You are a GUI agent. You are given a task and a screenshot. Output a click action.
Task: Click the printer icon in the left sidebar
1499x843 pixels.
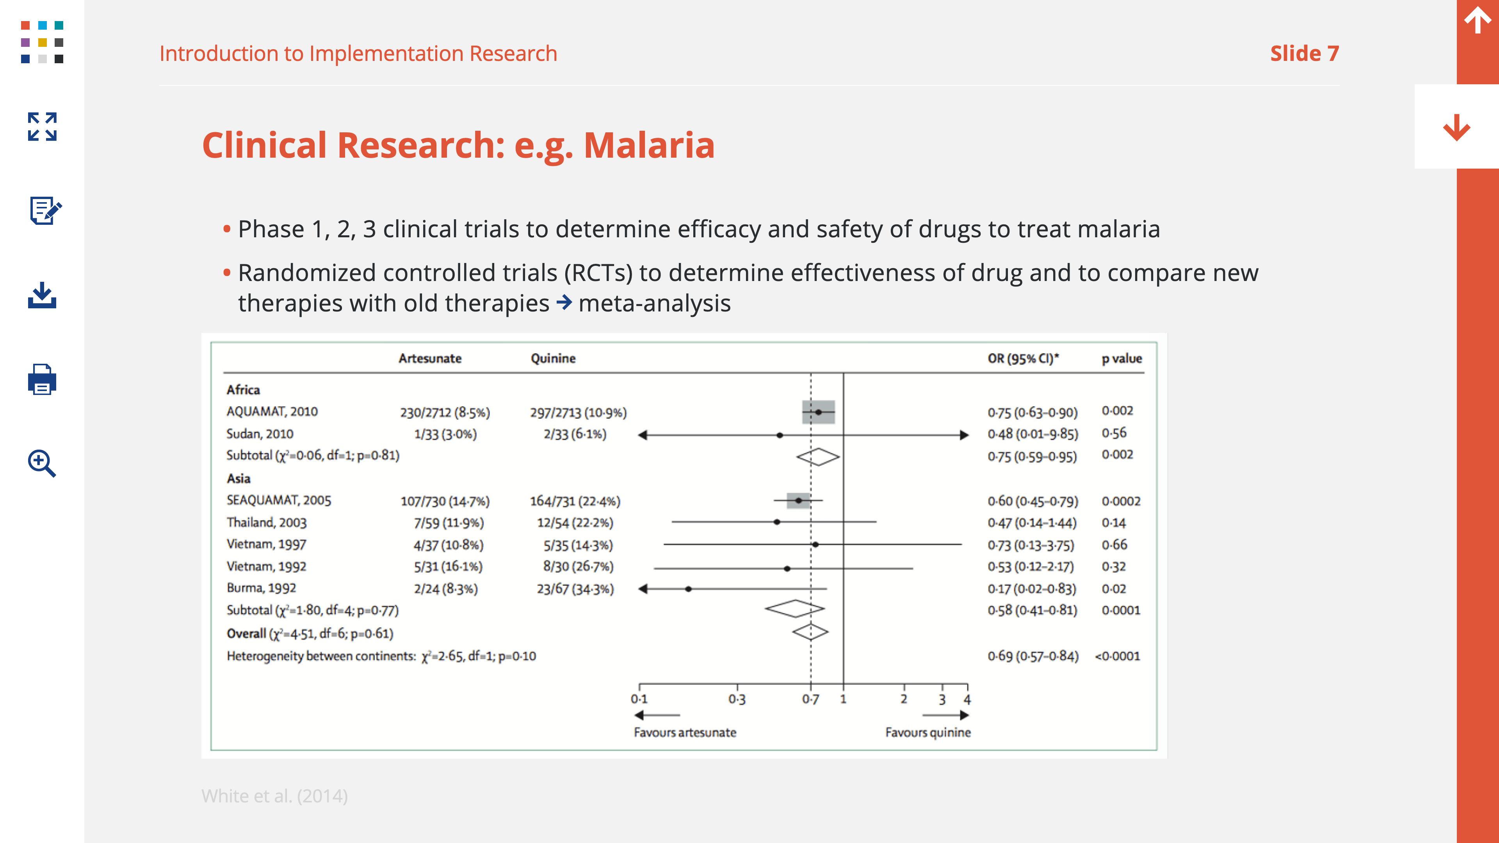pyautogui.click(x=42, y=379)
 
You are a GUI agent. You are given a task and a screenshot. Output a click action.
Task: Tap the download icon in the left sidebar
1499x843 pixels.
pyautogui.click(x=42, y=295)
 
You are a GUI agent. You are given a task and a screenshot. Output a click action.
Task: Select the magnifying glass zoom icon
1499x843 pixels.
pyautogui.click(x=42, y=463)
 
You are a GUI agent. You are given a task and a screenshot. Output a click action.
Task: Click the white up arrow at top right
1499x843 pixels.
pyautogui.click(x=1478, y=20)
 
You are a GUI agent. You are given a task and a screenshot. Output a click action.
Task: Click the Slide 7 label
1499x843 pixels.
pyautogui.click(x=1305, y=53)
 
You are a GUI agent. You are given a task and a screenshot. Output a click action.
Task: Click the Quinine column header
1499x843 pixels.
pyautogui.click(x=553, y=358)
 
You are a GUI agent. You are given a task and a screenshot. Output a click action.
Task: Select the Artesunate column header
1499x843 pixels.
pyautogui.click(x=430, y=358)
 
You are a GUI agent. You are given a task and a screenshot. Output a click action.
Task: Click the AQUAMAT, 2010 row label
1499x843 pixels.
pyautogui.click(x=272, y=411)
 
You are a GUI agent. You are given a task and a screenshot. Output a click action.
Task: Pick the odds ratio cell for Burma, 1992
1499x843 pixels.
pyautogui.click(x=1032, y=589)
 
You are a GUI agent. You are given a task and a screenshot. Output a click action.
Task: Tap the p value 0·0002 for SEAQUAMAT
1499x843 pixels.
pyautogui.click(x=1121, y=501)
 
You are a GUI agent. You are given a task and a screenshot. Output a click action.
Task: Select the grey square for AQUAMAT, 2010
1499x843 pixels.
pyautogui.click(x=818, y=412)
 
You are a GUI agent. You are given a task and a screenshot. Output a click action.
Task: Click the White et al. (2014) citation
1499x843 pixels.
pyautogui.click(x=275, y=796)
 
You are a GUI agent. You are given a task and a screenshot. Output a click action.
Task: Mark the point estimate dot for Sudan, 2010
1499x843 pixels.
pyautogui.click(x=780, y=435)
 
